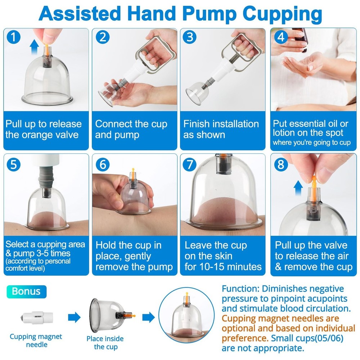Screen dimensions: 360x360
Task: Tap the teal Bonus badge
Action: [x=26, y=291]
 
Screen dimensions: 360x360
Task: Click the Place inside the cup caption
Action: [x=105, y=342]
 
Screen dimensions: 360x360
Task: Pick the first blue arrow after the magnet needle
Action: [x=74, y=317]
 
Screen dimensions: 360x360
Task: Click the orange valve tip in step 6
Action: [x=133, y=170]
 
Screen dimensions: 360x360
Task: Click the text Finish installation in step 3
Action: [x=221, y=124]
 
